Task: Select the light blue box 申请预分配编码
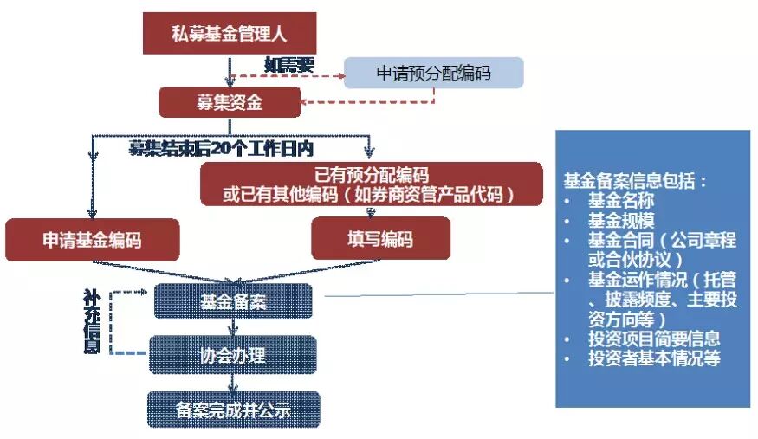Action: tap(433, 74)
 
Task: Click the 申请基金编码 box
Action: tap(92, 239)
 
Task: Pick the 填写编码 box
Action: tap(380, 238)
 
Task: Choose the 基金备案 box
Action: tap(232, 302)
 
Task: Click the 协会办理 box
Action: tap(232, 354)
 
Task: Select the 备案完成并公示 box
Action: tap(232, 410)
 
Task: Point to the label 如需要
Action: tap(288, 64)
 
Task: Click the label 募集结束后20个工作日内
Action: tap(220, 148)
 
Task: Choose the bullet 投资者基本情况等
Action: tap(653, 358)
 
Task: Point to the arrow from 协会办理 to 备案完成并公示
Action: tap(232, 382)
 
